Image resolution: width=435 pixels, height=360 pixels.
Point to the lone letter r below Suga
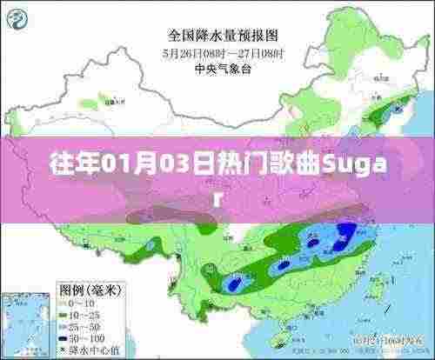(x=217, y=196)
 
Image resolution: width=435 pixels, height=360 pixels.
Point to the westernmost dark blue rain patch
(x=232, y=283)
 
